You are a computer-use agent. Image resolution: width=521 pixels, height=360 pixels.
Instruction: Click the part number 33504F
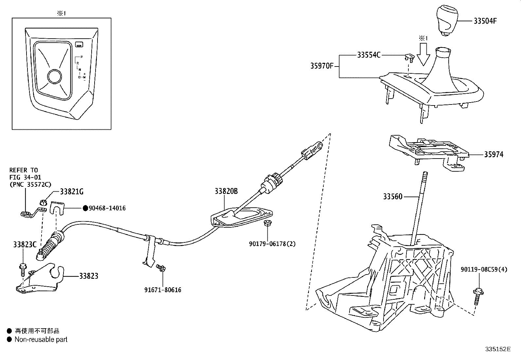[485, 21]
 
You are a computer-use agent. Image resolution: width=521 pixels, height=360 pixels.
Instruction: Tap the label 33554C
[368, 55]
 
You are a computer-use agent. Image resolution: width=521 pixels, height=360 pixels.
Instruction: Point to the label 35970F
[322, 66]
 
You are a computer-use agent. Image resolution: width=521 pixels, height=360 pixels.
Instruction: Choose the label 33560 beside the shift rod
[393, 197]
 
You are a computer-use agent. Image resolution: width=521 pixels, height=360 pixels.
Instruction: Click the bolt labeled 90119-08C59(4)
[477, 295]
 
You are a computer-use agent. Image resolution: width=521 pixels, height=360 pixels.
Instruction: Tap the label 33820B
[226, 191]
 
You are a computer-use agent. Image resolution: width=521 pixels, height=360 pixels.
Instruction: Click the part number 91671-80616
[163, 290]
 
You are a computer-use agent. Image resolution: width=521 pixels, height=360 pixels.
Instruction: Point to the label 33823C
[25, 245]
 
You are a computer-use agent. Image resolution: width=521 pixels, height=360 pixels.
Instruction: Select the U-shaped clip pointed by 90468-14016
[58, 207]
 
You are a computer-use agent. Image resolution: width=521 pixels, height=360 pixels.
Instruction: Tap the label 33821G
[72, 192]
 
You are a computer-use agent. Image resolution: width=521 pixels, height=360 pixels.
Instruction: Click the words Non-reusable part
[41, 340]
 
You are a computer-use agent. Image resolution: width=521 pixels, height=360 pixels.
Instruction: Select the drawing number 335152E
[497, 349]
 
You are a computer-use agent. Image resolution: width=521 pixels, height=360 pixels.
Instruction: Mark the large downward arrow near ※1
[425, 56]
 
